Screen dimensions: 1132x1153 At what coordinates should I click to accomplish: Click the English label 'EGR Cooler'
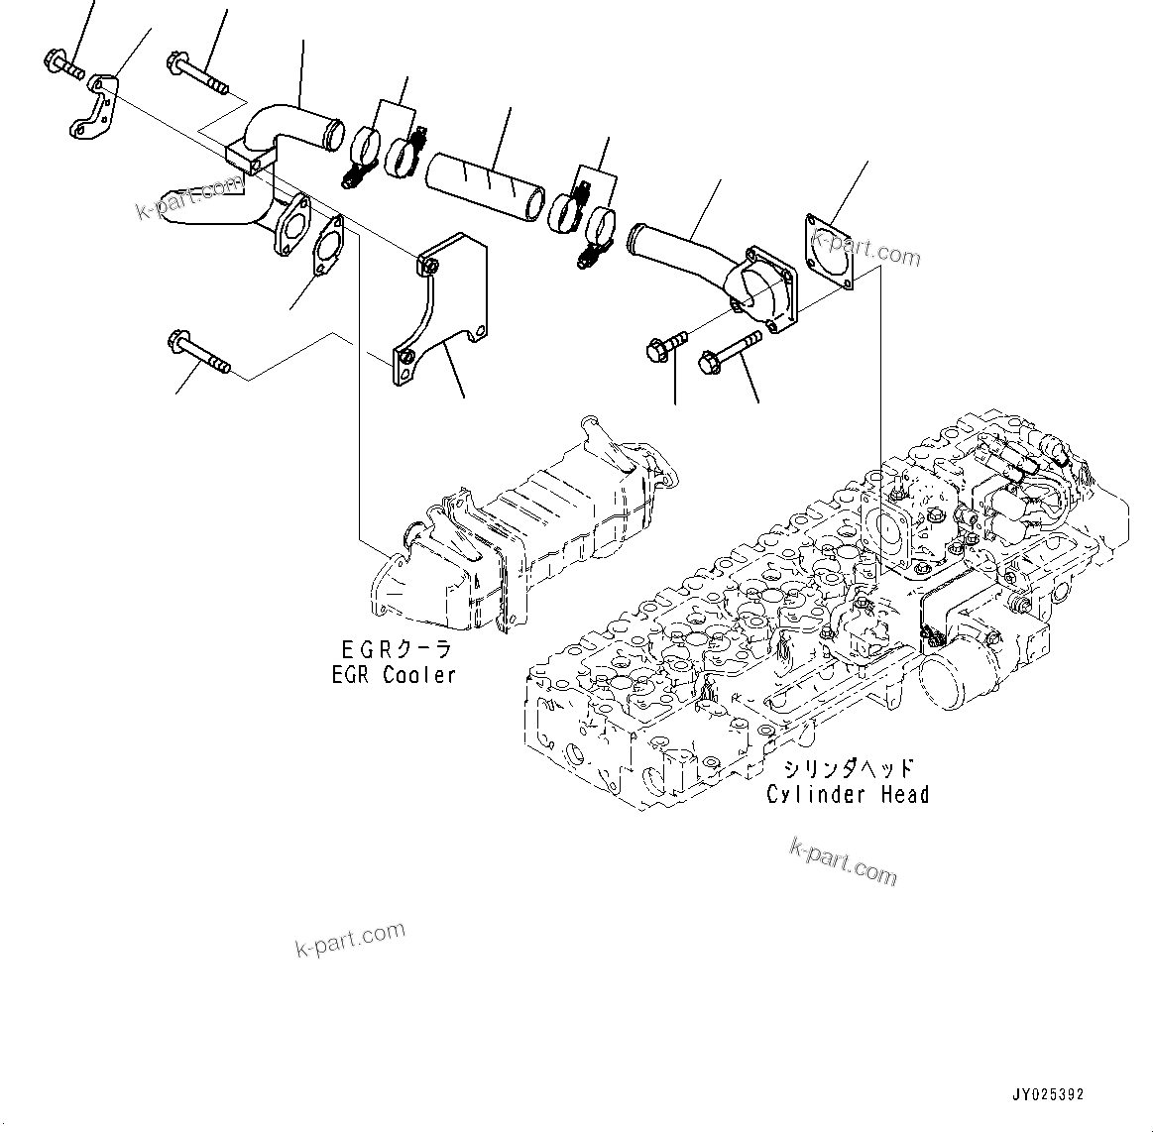click(x=394, y=675)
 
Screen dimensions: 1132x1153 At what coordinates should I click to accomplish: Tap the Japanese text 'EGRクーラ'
click(x=396, y=650)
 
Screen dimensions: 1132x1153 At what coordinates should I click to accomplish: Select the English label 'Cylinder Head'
click(x=848, y=794)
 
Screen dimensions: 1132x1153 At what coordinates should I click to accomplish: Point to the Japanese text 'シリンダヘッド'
click(x=848, y=769)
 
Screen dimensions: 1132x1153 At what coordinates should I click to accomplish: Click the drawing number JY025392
click(x=1048, y=1094)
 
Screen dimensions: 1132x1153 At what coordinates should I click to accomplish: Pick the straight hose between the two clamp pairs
click(x=485, y=185)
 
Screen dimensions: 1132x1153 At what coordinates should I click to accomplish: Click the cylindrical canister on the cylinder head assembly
click(x=955, y=671)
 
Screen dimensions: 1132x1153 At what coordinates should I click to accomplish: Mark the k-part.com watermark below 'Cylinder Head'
click(x=844, y=860)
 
